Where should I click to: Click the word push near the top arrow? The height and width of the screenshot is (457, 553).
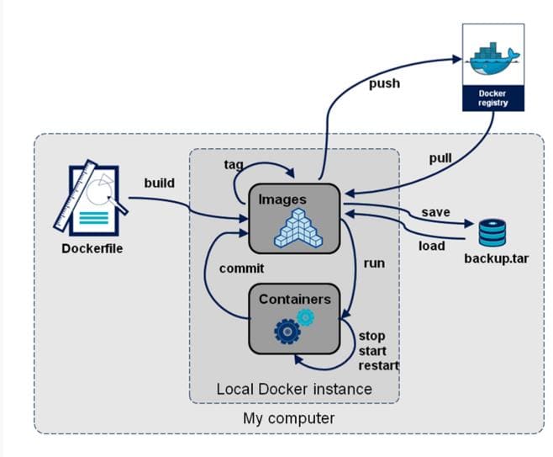[x=384, y=83]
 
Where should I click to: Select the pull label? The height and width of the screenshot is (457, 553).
[x=440, y=158]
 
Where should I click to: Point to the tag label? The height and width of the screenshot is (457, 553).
[x=234, y=163]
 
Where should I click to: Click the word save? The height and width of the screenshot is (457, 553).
[x=435, y=213]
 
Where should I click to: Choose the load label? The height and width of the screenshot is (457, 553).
[x=431, y=246]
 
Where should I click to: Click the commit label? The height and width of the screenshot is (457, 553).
[x=241, y=268]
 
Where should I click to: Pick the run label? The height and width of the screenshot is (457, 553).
[x=374, y=263]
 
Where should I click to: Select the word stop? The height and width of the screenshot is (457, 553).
[x=372, y=336]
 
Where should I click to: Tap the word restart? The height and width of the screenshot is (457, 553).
[x=378, y=366]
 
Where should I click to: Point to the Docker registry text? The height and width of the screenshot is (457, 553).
[x=493, y=97]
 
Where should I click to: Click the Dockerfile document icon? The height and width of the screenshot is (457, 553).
[x=90, y=200]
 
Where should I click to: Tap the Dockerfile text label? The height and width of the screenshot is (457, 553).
[x=92, y=248]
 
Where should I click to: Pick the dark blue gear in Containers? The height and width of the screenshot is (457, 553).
[x=287, y=332]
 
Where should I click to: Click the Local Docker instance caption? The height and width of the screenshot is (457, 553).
[x=293, y=389]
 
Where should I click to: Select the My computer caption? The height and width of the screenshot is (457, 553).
[x=288, y=418]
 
